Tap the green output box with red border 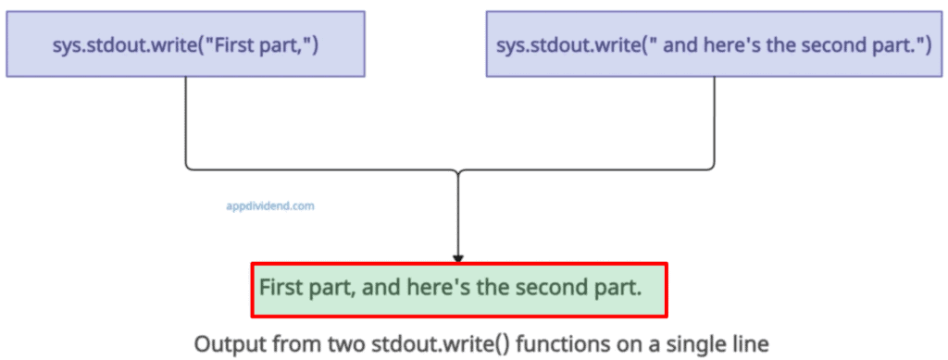pos(458,288)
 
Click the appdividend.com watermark pos(270,206)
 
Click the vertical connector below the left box pos(186,120)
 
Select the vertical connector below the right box pos(714,120)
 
